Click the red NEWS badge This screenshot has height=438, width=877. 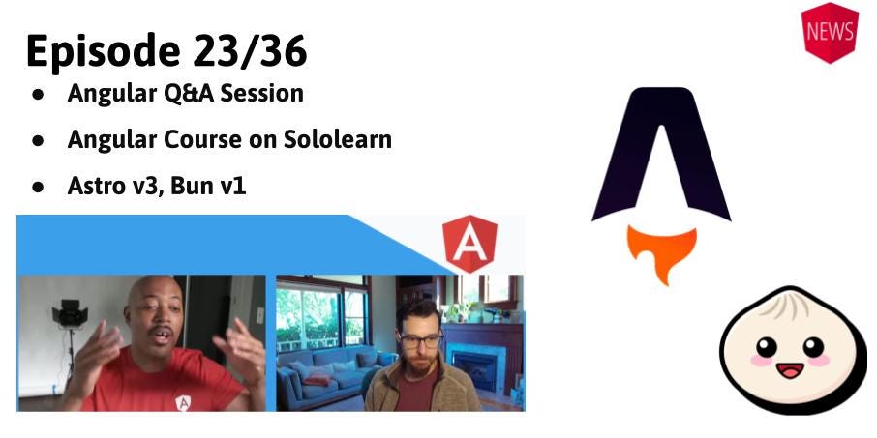(x=830, y=31)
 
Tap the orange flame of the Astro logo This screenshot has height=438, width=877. (x=661, y=249)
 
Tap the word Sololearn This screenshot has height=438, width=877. (x=338, y=139)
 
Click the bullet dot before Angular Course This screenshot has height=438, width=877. (x=38, y=140)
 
